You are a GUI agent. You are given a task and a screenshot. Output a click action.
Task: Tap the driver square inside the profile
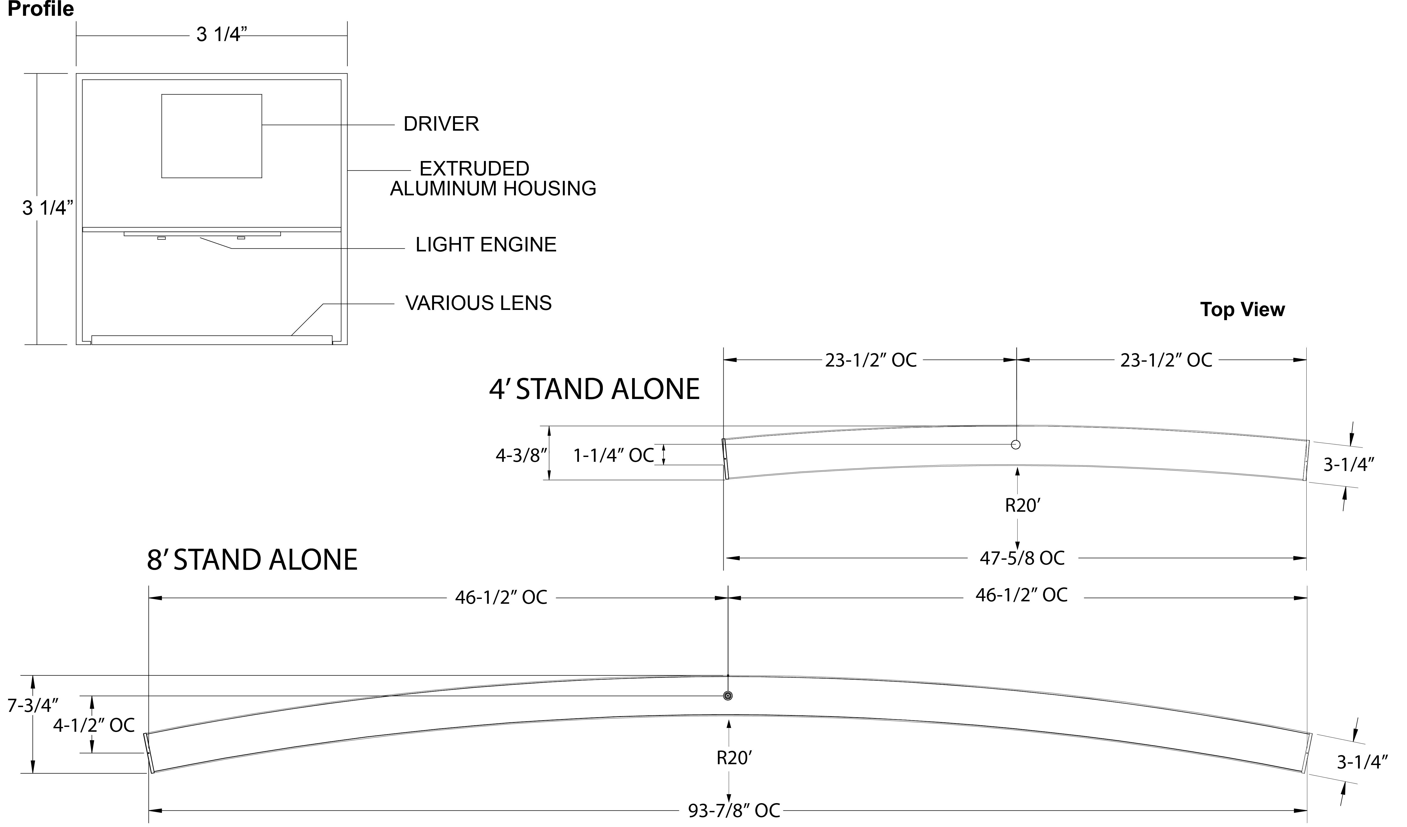tap(212, 136)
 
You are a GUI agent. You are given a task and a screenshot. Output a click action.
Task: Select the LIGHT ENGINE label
tap(486, 244)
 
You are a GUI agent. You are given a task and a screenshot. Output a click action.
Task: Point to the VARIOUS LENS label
tap(478, 303)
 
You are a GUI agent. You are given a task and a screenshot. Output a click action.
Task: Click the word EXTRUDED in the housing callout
tap(474, 169)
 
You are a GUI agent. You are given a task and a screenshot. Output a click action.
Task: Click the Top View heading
tap(1242, 310)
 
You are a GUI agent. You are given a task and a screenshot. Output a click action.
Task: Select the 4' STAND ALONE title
tap(594, 390)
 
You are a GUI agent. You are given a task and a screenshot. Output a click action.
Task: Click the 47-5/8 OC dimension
tap(1022, 558)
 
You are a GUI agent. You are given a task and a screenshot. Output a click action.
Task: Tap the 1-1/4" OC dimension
tap(613, 456)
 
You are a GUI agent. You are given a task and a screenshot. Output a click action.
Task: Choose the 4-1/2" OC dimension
tap(94, 726)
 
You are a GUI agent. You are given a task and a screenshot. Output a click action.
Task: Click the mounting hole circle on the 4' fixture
tap(1016, 445)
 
